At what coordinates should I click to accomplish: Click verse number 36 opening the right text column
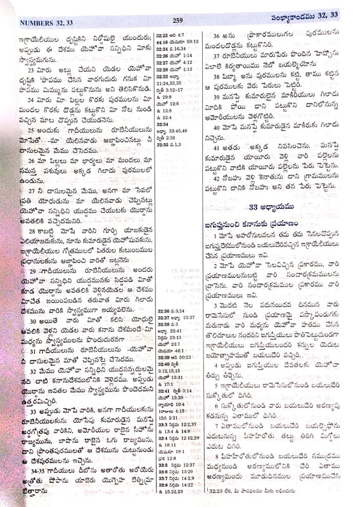click(x=217, y=37)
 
